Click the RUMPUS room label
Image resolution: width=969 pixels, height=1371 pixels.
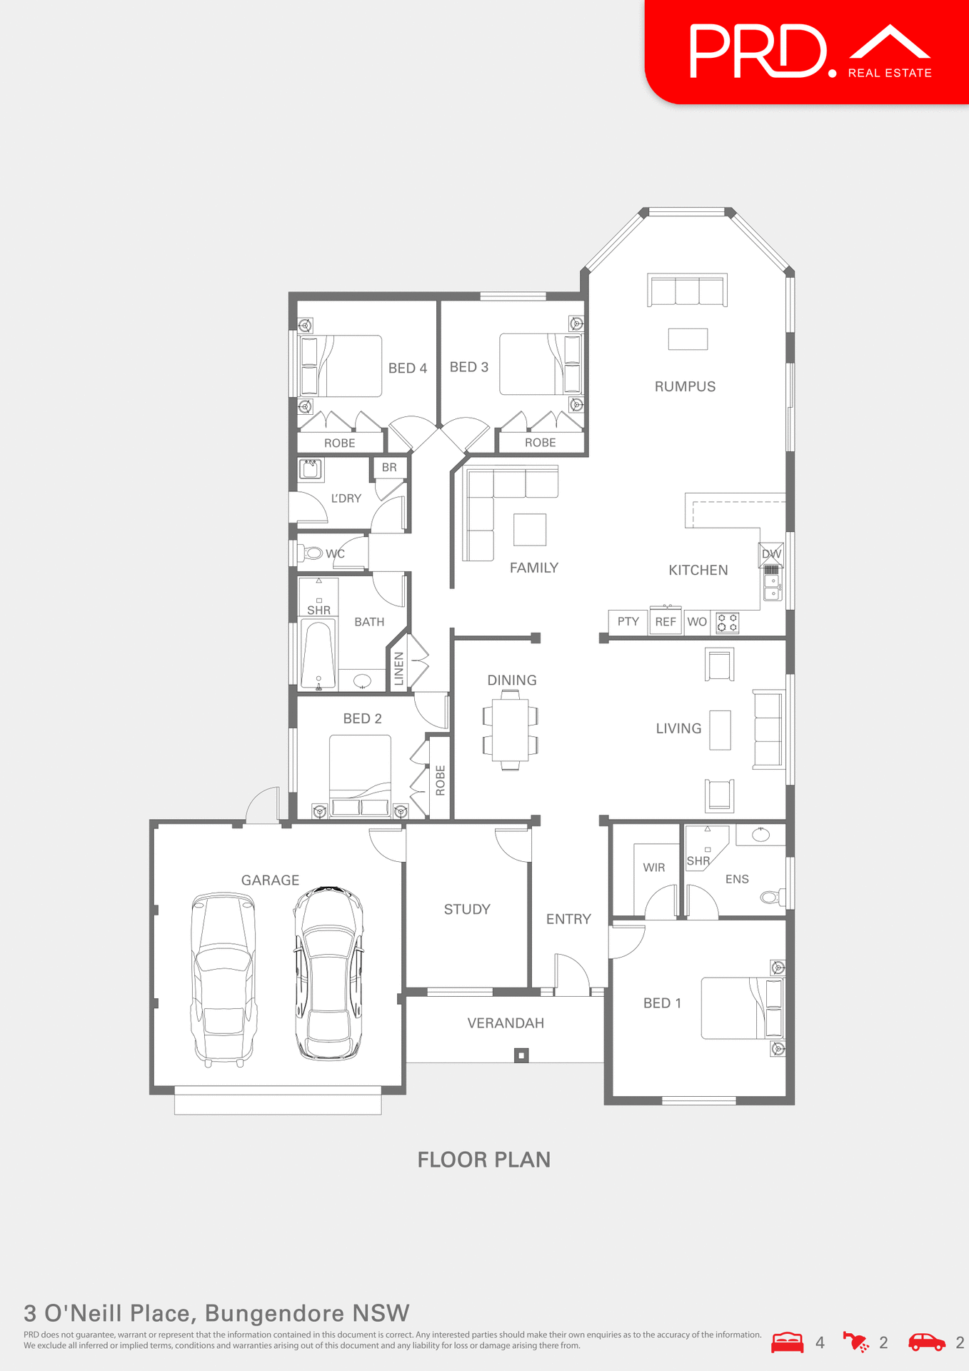(685, 386)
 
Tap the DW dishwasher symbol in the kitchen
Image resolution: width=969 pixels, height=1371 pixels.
(771, 553)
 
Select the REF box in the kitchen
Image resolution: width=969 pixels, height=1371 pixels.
(666, 621)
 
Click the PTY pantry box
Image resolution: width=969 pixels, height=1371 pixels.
(628, 621)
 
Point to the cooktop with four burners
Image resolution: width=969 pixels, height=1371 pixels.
(727, 623)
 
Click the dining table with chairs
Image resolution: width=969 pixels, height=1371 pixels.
(510, 730)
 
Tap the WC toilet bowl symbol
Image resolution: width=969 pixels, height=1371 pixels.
(313, 553)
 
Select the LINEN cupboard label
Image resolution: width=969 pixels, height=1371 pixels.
(399, 669)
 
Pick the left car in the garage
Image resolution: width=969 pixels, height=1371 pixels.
(224, 979)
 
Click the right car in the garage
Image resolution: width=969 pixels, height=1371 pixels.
(329, 973)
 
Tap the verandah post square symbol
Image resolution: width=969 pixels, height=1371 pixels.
(521, 1055)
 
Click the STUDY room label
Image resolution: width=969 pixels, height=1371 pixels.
(467, 909)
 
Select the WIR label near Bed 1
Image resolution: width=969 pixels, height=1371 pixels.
(653, 868)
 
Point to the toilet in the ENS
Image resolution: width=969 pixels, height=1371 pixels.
(772, 897)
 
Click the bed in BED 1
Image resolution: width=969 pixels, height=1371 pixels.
(741, 1008)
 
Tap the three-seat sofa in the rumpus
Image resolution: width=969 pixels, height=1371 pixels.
(687, 291)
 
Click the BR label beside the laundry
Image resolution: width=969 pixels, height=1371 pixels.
(389, 468)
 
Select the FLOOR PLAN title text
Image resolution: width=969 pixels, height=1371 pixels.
(483, 1160)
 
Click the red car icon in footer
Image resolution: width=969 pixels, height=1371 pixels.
(926, 1342)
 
